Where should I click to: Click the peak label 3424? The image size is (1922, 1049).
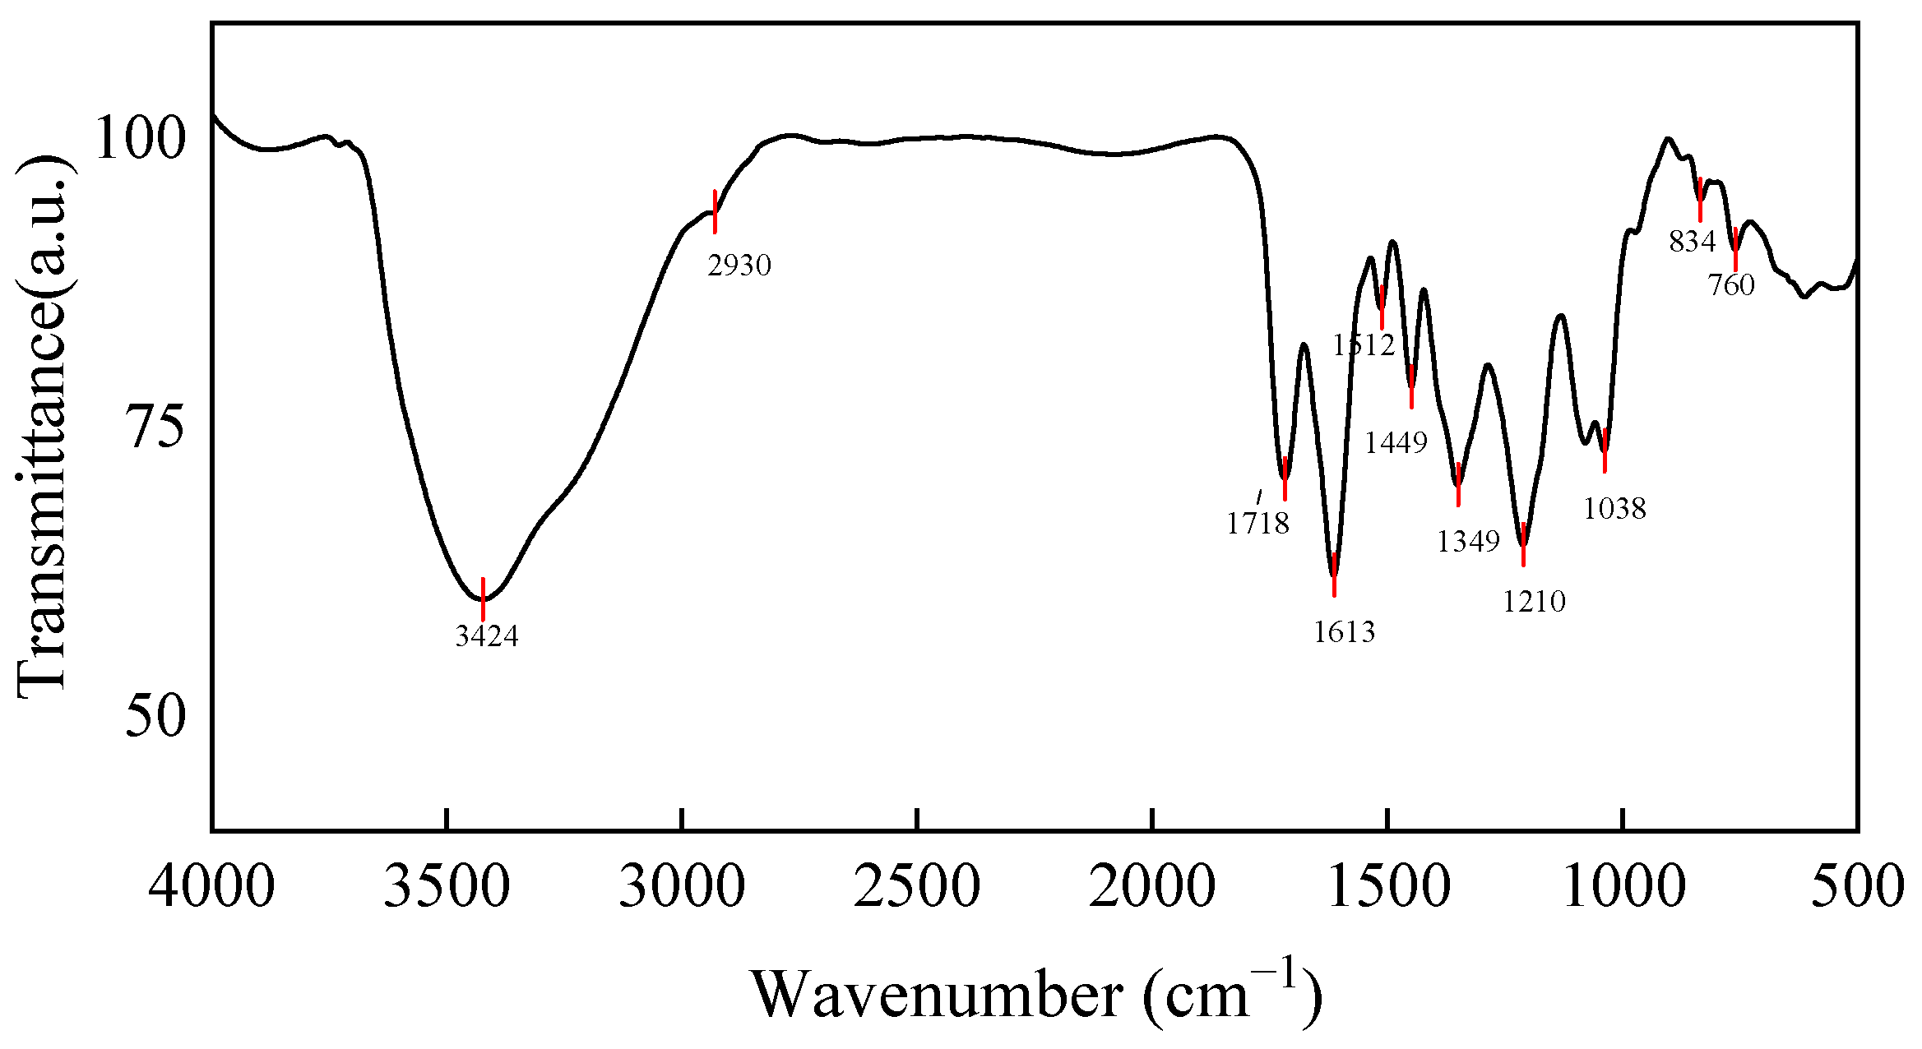pos(487,636)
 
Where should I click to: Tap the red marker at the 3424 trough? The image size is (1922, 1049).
pos(483,599)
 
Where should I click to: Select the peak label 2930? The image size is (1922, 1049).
pos(739,266)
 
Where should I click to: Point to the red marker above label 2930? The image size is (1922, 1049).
pos(715,211)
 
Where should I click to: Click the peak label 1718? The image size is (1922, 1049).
pos(1257,523)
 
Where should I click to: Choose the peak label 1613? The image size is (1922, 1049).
pos(1344,631)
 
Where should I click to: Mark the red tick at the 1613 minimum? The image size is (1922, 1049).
pos(1334,575)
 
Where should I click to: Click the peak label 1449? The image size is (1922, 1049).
pos(1396,443)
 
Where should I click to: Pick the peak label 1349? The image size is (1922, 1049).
pos(1468,542)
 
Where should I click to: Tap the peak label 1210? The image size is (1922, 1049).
pos(1534,602)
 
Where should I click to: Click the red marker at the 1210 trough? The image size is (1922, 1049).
pos(1523,544)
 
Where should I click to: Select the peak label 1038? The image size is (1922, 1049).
pos(1614,509)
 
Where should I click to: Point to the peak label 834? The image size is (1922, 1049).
pos(1692,242)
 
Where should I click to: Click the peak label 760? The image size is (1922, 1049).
pos(1730,285)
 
